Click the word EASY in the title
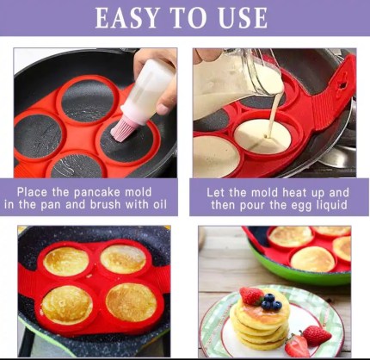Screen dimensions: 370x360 127,18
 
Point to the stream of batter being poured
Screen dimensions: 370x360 273,115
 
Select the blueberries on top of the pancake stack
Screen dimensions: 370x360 269,301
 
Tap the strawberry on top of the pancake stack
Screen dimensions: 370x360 251,295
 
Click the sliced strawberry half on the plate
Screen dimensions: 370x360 297,346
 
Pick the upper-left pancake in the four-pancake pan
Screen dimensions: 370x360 66,262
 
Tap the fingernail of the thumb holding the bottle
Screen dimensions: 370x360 163,109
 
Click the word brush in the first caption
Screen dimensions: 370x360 105,204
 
